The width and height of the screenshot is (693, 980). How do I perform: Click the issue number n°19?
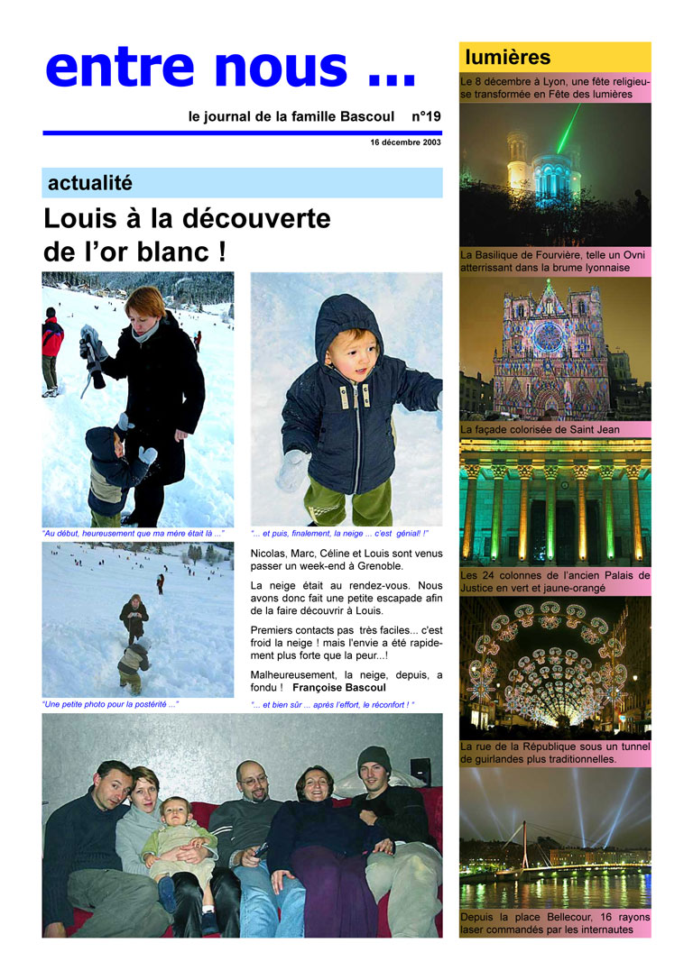tap(426, 116)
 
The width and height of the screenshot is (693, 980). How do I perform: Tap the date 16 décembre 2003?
tap(405, 142)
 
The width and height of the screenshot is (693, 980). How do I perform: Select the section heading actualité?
tap(90, 183)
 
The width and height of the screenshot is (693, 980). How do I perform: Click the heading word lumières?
tap(507, 58)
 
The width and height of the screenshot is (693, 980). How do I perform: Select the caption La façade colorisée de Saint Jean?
tap(540, 430)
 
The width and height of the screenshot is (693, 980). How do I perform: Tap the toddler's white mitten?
tap(293, 470)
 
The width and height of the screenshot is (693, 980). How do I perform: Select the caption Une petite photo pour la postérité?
tap(110, 704)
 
